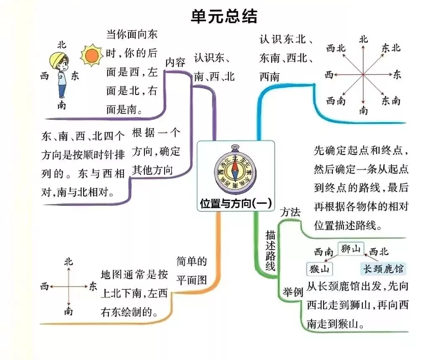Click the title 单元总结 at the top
(x=224, y=16)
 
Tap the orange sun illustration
(x=92, y=55)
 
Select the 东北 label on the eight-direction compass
(x=391, y=48)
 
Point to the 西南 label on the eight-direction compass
(x=336, y=101)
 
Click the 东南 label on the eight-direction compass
(x=391, y=101)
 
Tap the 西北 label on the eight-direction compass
(x=336, y=48)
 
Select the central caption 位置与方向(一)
(x=236, y=203)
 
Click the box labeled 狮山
(x=351, y=249)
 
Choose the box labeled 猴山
(x=319, y=269)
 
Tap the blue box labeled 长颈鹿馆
(x=383, y=268)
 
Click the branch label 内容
(x=175, y=63)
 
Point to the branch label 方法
(x=290, y=212)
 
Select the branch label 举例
(x=293, y=292)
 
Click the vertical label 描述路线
(x=270, y=250)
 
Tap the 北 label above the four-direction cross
(x=68, y=262)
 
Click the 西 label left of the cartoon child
(x=44, y=76)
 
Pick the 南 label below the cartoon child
(x=62, y=105)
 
